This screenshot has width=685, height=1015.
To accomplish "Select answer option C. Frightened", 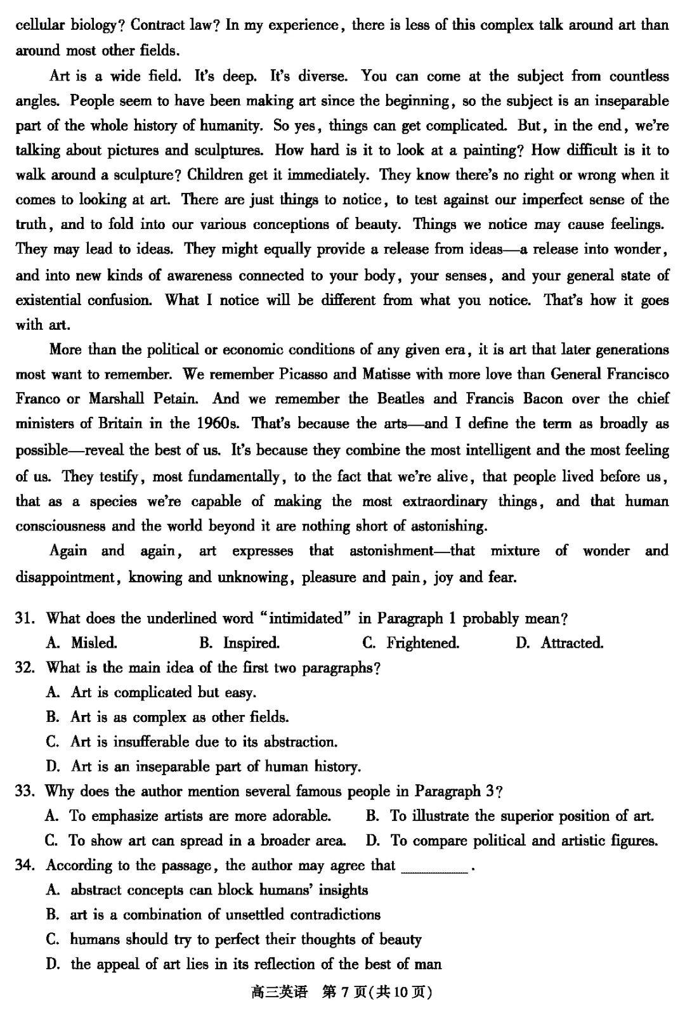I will (x=411, y=643).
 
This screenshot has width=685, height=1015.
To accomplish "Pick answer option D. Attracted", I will (x=559, y=643).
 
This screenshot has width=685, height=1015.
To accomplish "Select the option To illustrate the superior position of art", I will (x=510, y=816).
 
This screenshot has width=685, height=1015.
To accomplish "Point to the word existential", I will (x=48, y=299).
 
